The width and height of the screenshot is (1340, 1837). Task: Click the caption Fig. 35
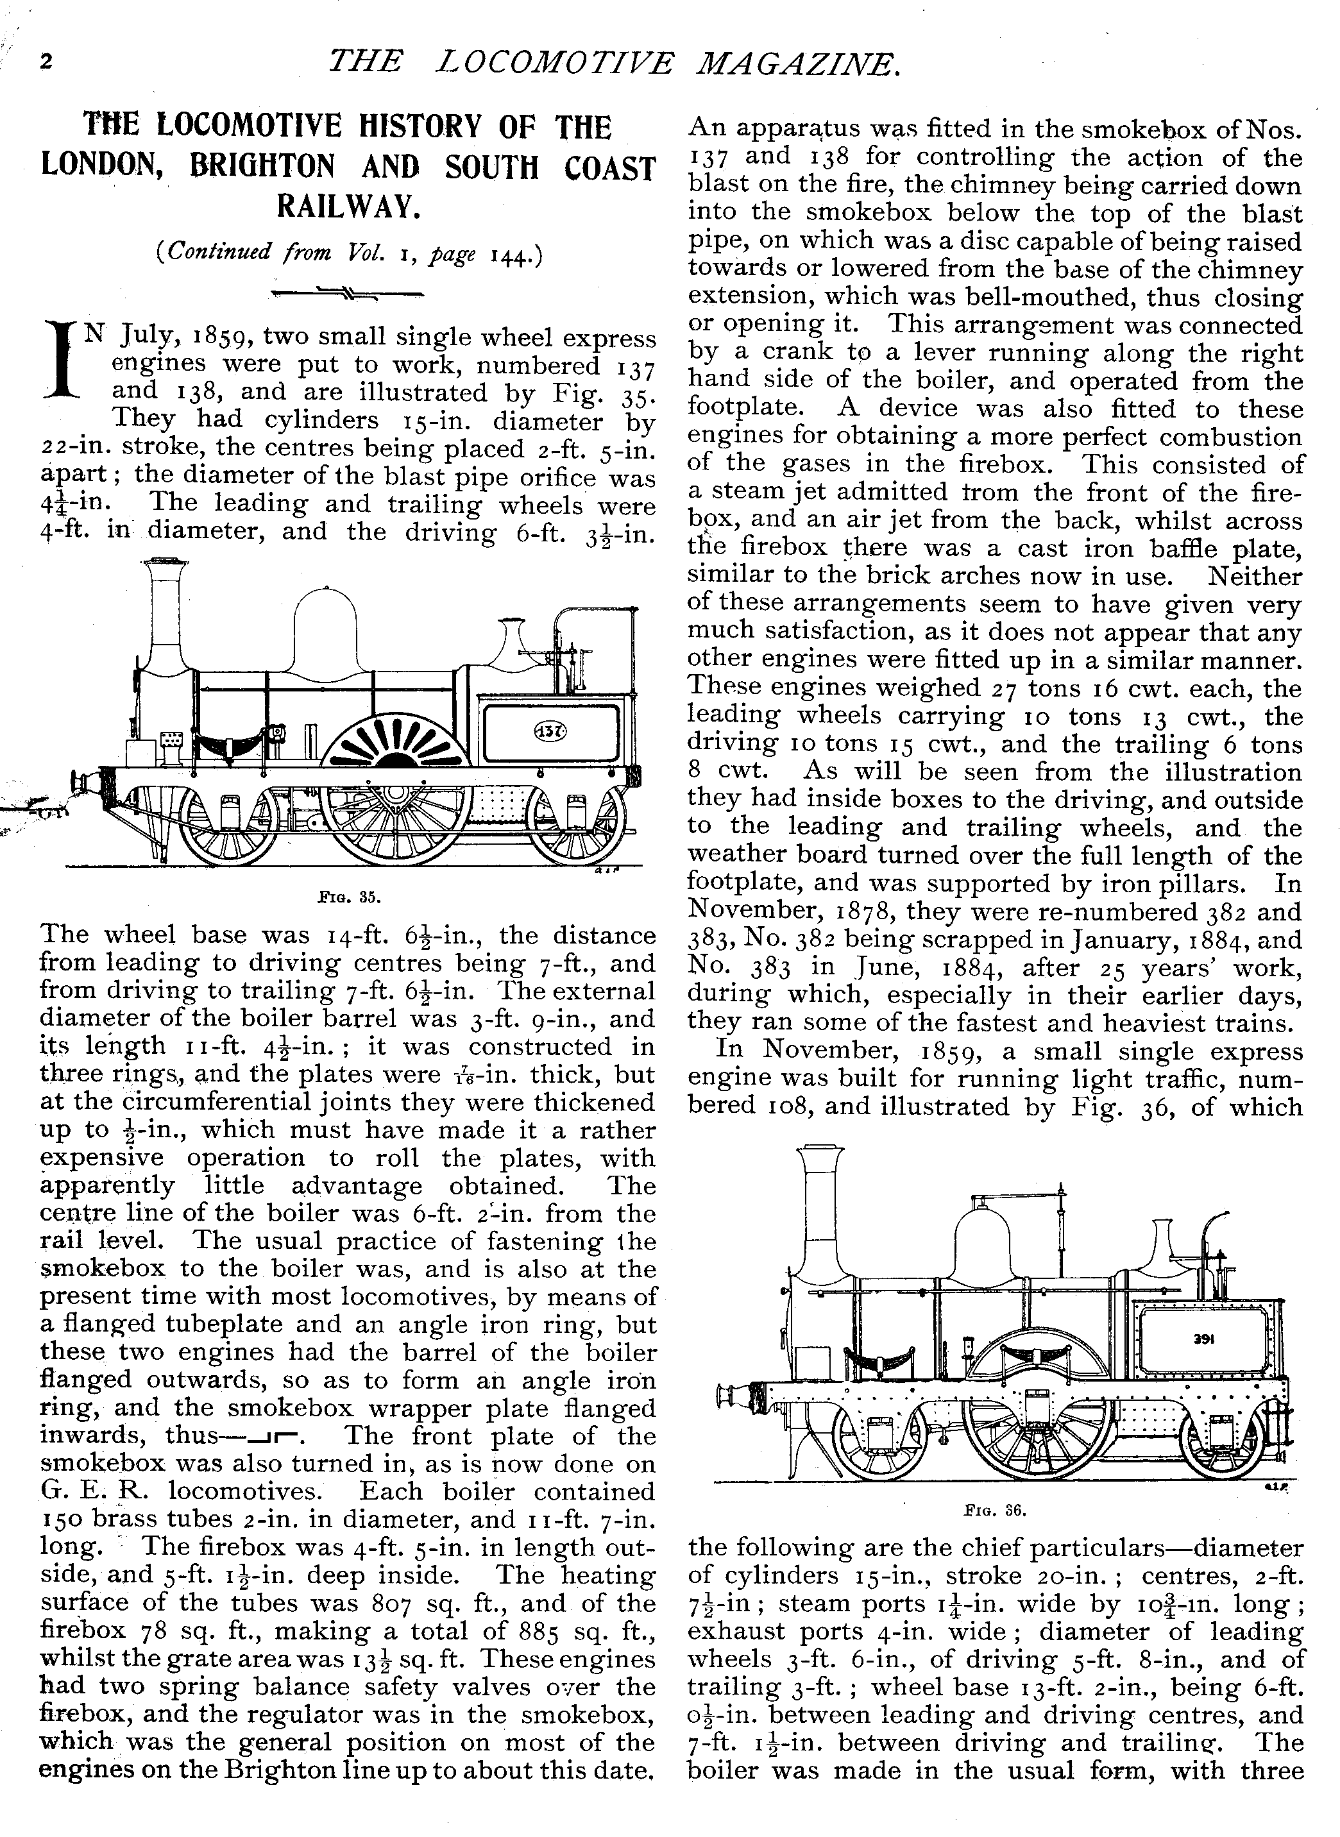tap(348, 898)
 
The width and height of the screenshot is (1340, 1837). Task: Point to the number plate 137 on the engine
tap(551, 731)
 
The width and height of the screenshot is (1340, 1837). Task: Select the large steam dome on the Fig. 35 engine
tap(326, 629)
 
